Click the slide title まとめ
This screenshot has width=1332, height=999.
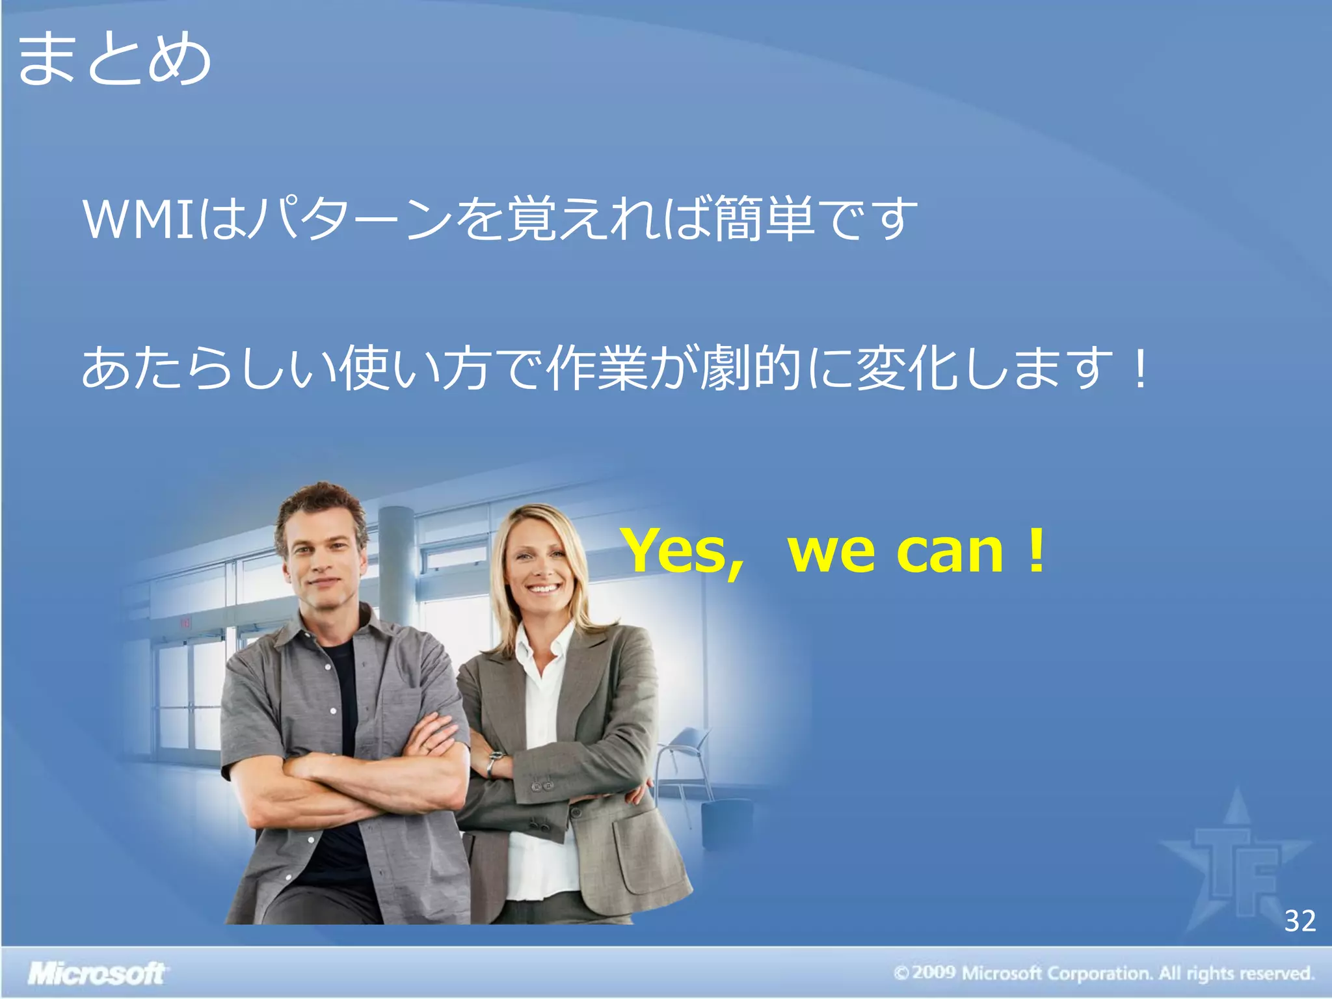[x=114, y=60]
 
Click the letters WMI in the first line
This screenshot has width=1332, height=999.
[x=139, y=220]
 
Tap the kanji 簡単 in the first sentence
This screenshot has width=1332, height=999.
[x=765, y=219]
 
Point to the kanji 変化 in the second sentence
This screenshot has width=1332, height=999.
[x=907, y=368]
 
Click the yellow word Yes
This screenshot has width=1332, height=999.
[x=683, y=552]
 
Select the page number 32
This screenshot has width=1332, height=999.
[x=1299, y=921]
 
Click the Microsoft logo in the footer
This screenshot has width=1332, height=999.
[x=96, y=974]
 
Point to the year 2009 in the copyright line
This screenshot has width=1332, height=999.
[x=933, y=973]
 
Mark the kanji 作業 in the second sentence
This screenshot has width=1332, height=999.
[x=597, y=368]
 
